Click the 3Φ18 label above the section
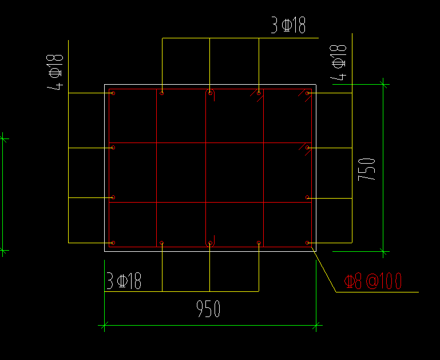(x=288, y=26)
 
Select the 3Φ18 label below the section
(x=124, y=282)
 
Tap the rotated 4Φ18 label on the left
(x=55, y=72)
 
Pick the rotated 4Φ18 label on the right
(x=339, y=62)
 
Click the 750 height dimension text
(x=367, y=169)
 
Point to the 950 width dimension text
(x=208, y=310)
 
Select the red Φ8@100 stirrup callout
(x=373, y=281)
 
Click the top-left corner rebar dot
(x=113, y=93)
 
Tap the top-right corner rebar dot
(x=308, y=93)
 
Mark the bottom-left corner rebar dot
(x=113, y=243)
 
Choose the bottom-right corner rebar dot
(x=308, y=243)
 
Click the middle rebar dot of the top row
(x=211, y=92)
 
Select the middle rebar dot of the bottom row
(x=210, y=243)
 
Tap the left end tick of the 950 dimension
(x=104, y=327)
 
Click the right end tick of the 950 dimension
(x=316, y=327)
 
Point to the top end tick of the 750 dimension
(x=383, y=85)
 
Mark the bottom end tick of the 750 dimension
(x=383, y=251)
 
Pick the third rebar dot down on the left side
(x=113, y=197)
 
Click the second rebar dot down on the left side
(x=113, y=148)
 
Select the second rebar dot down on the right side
(x=308, y=148)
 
